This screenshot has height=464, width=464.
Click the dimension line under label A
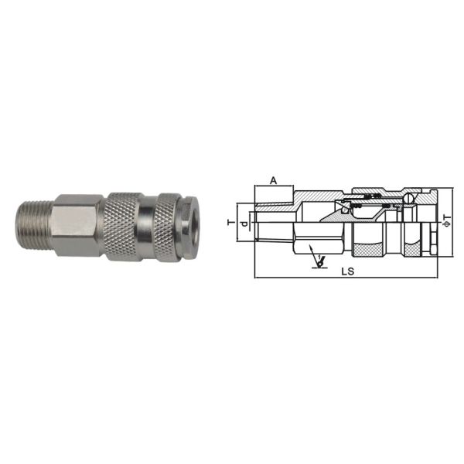click(273, 187)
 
